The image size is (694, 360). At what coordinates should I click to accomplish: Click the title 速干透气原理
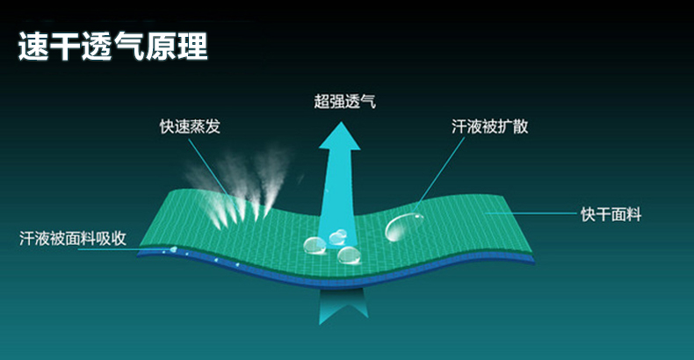click(x=112, y=47)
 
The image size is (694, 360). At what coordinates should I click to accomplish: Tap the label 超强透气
click(x=344, y=101)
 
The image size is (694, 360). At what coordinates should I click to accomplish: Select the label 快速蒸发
click(x=190, y=126)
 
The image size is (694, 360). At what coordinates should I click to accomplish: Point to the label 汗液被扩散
click(x=490, y=126)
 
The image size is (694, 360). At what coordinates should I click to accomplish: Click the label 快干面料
click(x=611, y=214)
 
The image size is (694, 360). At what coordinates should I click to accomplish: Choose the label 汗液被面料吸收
click(x=73, y=238)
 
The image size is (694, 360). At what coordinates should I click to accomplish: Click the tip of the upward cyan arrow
click(x=340, y=123)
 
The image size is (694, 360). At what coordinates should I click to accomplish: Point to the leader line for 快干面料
click(x=531, y=213)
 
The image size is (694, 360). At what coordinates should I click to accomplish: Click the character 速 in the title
click(x=33, y=47)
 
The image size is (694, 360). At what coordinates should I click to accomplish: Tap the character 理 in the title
click(x=193, y=47)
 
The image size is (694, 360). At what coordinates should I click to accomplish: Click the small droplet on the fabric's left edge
click(x=174, y=249)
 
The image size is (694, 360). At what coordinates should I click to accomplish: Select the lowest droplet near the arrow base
click(x=350, y=256)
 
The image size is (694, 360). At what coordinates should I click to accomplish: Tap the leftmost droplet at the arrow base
click(x=314, y=246)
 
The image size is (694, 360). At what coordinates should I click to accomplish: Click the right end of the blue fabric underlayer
click(x=534, y=262)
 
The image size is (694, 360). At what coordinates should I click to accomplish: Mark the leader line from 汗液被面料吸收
click(x=124, y=250)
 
